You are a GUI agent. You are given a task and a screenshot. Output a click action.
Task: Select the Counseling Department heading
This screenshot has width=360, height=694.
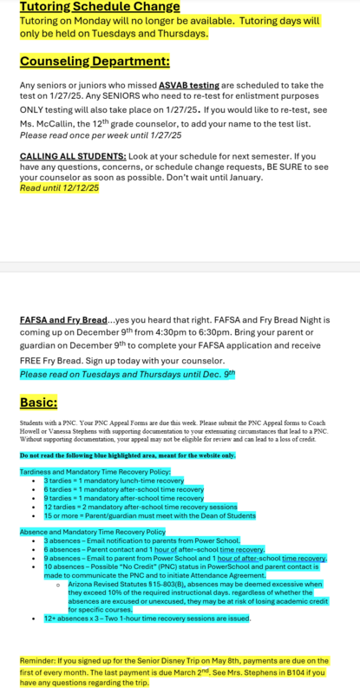95,62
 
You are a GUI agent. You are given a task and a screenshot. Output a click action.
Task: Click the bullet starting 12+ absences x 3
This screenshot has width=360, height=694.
147,619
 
